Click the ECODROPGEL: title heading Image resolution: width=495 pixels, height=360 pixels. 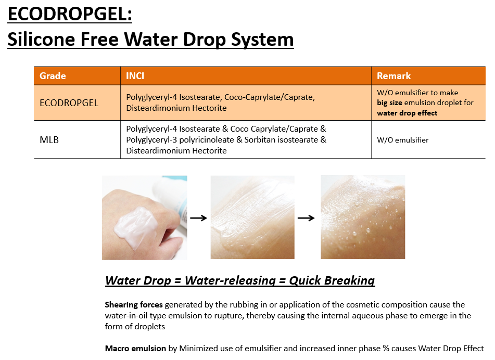[70, 14]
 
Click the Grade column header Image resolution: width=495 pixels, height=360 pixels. [53, 76]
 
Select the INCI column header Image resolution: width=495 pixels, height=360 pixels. [135, 76]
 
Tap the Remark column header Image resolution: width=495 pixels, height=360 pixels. [394, 76]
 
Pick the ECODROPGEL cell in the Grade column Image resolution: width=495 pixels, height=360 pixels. [69, 103]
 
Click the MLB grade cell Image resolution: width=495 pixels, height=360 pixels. [49, 140]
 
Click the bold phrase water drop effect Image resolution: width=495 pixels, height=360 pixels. [407, 113]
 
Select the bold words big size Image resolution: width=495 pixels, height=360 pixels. [389, 103]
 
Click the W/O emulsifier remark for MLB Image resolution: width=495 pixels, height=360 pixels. [403, 140]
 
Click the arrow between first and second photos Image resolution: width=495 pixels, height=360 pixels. [198, 217]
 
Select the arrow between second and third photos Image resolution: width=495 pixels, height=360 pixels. [306, 217]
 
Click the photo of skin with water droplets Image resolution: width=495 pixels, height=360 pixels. [363, 217]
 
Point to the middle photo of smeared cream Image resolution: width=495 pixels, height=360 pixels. [252, 217]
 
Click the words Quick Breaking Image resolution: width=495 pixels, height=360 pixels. [332, 280]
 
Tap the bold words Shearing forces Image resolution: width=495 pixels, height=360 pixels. [134, 305]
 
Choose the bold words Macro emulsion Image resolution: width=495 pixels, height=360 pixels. [135, 349]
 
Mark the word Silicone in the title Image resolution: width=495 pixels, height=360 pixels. [41, 39]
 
